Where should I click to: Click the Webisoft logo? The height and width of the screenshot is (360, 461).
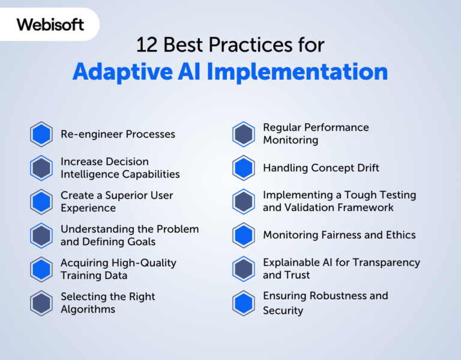[x=50, y=25]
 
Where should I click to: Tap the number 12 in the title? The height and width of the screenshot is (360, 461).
[x=146, y=45]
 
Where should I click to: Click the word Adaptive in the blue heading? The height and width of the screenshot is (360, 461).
[x=122, y=72]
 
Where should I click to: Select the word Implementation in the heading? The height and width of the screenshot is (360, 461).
[x=297, y=72]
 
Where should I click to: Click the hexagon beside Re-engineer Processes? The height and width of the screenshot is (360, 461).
[x=41, y=134]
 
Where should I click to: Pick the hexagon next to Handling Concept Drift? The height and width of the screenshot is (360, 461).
[x=244, y=168]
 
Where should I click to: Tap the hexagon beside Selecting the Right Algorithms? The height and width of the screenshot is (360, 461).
[x=41, y=303]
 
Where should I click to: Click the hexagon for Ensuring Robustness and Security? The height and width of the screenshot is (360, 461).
[x=244, y=303]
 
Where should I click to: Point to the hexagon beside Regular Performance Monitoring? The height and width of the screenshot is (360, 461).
[x=244, y=134]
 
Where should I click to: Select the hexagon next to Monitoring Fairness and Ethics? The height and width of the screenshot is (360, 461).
[x=244, y=235]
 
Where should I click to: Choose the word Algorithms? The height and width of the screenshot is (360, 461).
[x=88, y=310]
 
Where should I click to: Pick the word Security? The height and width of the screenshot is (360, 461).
[x=283, y=311]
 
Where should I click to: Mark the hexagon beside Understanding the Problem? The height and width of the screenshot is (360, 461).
[x=41, y=236]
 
